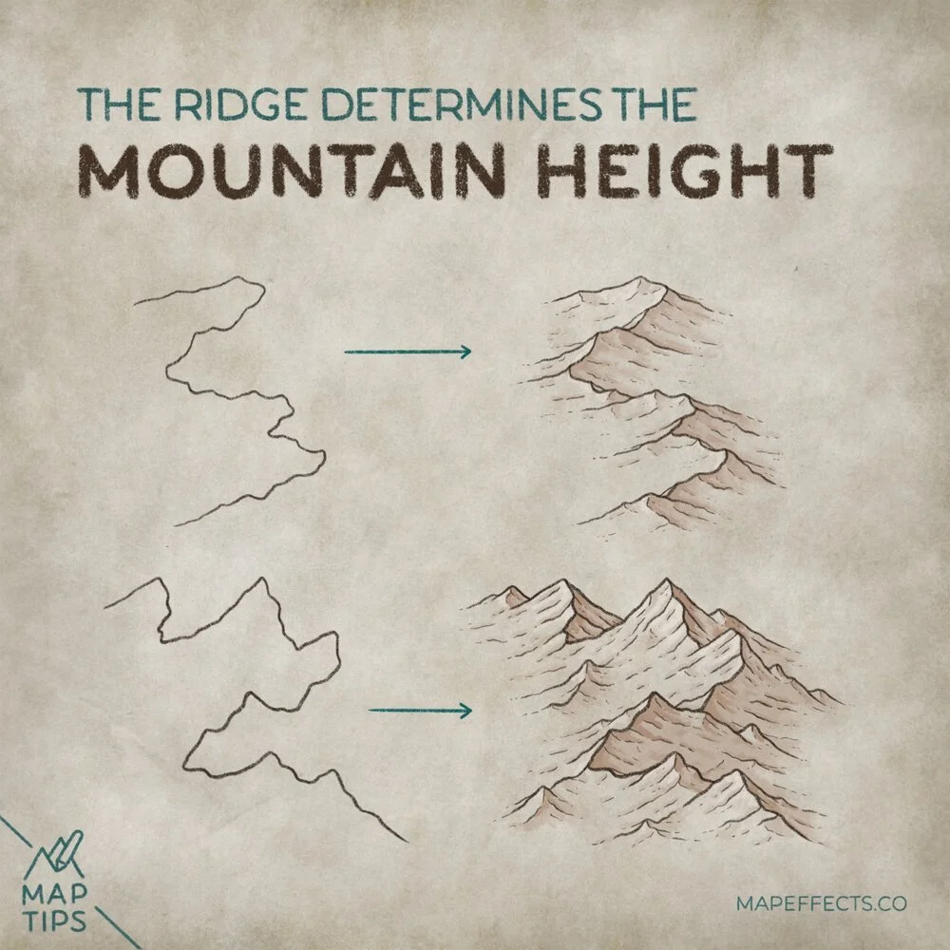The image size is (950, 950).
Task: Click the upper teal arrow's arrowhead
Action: click(465, 352)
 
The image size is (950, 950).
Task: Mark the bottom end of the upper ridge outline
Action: click(177, 523)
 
